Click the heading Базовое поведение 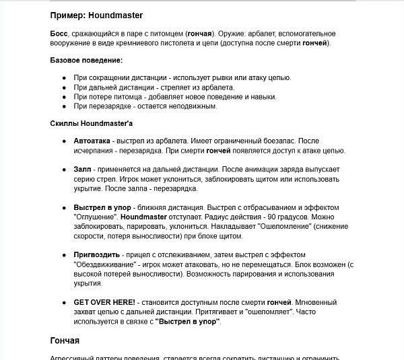[x=86, y=61]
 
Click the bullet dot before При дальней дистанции [x=64, y=87]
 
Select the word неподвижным [x=192, y=106]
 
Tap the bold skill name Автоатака [x=92, y=141]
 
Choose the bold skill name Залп [x=83, y=170]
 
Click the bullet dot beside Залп [x=64, y=170]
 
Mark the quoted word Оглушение [x=94, y=217]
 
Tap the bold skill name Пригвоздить [x=97, y=255]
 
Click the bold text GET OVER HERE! [x=104, y=303]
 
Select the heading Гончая [x=65, y=340]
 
